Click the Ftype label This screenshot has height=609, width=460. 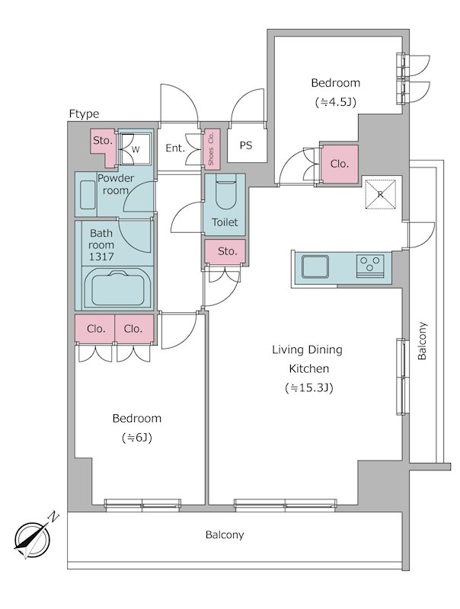(x=85, y=114)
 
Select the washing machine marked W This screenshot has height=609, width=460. (x=136, y=148)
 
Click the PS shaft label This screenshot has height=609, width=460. (x=246, y=145)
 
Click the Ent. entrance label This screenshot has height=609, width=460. (x=176, y=148)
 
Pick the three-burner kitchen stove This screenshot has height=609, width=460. (x=371, y=266)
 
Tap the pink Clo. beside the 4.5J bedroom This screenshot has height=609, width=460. (x=339, y=163)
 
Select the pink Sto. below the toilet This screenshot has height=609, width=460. (x=226, y=251)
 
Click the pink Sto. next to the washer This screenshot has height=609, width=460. (x=103, y=142)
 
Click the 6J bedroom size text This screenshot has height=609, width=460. (x=137, y=438)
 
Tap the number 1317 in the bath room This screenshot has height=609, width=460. (x=101, y=257)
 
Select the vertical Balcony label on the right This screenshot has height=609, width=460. (x=423, y=343)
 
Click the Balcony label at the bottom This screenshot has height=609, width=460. (x=225, y=535)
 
